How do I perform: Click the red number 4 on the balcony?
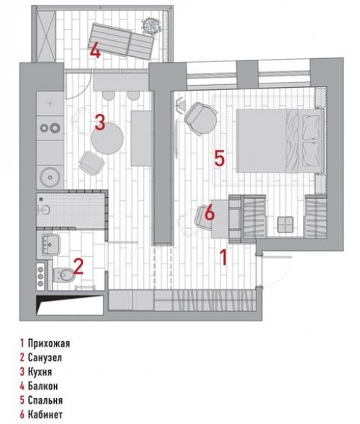point(96,50)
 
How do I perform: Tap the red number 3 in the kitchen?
point(100,122)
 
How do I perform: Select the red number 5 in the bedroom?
point(220,158)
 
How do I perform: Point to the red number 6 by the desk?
point(210,213)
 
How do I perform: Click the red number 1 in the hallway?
point(223,258)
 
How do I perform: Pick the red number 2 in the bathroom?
point(78,266)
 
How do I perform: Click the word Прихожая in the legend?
point(49,343)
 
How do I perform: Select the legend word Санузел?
point(45,358)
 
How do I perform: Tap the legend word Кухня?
point(40,372)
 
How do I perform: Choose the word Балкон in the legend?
point(42,386)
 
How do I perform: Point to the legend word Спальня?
point(45,400)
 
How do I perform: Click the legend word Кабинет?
point(45,414)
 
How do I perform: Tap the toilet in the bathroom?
point(63,275)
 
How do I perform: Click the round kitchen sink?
point(50,177)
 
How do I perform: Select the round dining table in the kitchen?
point(107,138)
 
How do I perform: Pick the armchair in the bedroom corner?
point(201,119)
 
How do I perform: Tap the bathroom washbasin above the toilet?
point(50,245)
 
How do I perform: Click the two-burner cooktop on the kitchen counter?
point(50,128)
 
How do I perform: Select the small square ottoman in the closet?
point(285,224)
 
